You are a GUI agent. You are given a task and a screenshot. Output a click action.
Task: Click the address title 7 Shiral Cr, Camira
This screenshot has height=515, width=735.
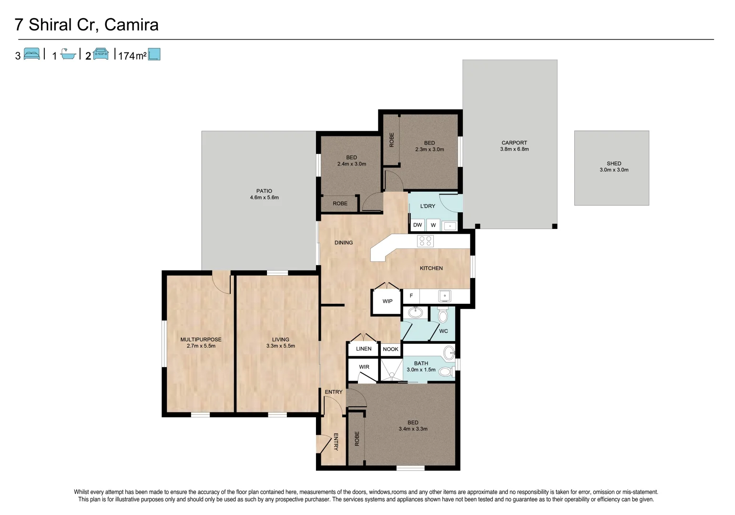[x=87, y=25]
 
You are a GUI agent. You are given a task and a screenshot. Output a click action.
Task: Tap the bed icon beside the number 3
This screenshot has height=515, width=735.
[x=32, y=54]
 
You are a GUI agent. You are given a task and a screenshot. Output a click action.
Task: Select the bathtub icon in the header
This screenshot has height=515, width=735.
[x=69, y=55]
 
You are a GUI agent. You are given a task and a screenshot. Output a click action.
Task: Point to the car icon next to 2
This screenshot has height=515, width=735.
[x=101, y=54]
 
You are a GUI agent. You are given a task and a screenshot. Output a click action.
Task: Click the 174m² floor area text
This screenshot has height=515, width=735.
[x=132, y=56]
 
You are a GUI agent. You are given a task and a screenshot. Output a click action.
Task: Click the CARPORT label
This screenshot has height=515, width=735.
[x=514, y=143]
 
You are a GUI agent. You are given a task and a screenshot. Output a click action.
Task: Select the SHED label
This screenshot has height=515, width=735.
[x=614, y=164]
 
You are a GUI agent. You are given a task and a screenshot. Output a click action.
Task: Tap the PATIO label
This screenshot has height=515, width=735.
[x=264, y=191]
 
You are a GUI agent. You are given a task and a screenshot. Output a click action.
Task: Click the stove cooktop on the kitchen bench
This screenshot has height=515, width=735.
[x=425, y=241]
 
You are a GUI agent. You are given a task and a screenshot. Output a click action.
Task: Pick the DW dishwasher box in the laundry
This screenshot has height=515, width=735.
[x=418, y=225]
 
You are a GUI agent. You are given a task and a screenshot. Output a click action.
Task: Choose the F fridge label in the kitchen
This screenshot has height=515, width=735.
[x=411, y=296]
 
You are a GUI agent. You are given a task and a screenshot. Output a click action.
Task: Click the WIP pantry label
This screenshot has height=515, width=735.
[x=388, y=301]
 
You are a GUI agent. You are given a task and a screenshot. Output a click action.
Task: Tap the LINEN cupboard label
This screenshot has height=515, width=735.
[x=364, y=349]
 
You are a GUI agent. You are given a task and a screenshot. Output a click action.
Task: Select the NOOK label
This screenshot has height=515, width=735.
[x=390, y=349]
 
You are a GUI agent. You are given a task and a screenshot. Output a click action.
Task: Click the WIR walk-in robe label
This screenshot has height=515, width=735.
[x=364, y=367]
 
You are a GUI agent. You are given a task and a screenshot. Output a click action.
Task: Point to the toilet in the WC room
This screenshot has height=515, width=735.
[x=443, y=315]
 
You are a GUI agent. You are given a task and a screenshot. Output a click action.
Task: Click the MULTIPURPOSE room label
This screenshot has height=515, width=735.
[x=201, y=340]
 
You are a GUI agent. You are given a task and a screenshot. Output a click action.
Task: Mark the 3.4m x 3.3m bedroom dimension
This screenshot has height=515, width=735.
[x=413, y=429]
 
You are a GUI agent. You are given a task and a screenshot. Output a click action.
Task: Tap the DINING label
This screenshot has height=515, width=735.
[x=344, y=243]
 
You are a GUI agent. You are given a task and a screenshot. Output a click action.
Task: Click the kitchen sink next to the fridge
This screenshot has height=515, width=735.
[x=445, y=296]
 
